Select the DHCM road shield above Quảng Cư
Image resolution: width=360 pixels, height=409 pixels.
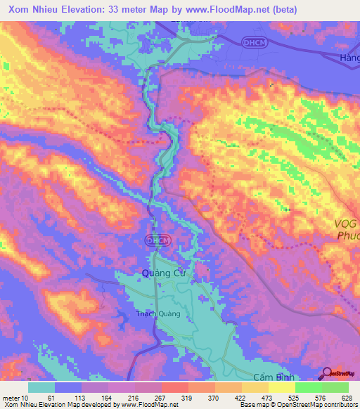[x=157, y=240]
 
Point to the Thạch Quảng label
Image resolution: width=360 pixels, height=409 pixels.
[x=158, y=313]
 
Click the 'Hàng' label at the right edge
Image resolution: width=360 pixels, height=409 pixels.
[x=349, y=58]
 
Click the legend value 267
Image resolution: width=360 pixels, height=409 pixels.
[x=162, y=397]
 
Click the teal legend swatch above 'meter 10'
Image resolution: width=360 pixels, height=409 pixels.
[x=41, y=387]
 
